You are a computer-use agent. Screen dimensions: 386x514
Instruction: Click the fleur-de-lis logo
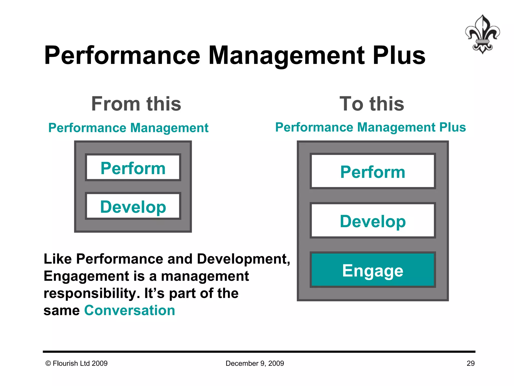(x=482, y=34)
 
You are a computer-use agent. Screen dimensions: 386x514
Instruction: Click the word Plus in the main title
(x=399, y=56)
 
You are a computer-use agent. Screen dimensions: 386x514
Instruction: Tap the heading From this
(x=136, y=104)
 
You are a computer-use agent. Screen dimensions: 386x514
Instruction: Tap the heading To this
(x=372, y=104)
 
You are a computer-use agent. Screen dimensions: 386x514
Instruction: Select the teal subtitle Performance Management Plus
(x=370, y=127)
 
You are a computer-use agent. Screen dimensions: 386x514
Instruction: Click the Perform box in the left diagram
(x=133, y=168)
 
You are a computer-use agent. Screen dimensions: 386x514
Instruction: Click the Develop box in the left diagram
(x=133, y=206)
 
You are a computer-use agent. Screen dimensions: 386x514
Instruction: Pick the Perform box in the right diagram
(x=373, y=171)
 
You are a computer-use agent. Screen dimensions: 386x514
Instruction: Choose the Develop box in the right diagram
(x=373, y=221)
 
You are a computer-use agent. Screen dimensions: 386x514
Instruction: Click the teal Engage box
(x=373, y=270)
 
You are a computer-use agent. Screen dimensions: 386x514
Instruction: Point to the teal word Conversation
(x=130, y=310)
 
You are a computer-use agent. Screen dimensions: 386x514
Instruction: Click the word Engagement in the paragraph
(x=86, y=276)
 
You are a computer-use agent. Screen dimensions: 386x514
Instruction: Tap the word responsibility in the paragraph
(x=92, y=293)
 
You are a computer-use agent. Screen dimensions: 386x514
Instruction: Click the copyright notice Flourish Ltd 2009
(x=77, y=363)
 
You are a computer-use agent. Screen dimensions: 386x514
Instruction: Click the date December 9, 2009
(x=255, y=363)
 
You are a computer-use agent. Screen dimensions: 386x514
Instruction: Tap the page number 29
(x=471, y=363)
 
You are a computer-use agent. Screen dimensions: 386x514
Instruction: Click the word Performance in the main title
(x=122, y=56)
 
